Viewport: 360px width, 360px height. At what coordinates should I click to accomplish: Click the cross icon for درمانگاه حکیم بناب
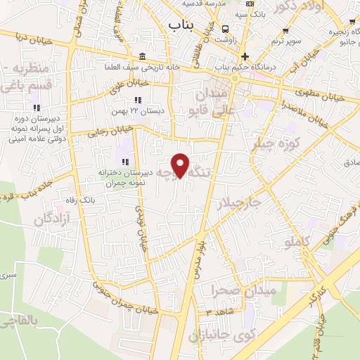pos(245,57)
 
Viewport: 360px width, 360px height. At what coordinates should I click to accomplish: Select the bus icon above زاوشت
pos(225,29)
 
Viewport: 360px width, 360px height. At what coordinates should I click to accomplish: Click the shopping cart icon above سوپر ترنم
pos(285,30)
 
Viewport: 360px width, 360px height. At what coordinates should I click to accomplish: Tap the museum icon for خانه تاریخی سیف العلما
pos(143,56)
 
